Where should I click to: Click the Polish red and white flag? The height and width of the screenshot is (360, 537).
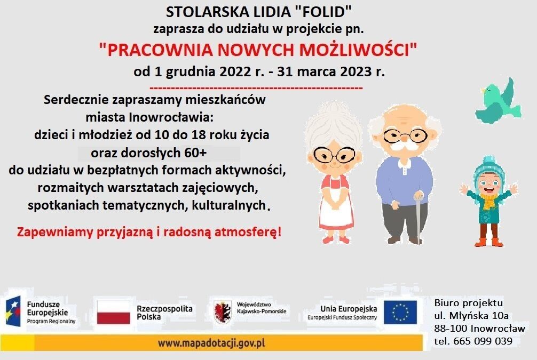[x=114, y=313]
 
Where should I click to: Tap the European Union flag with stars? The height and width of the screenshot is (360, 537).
[x=400, y=313]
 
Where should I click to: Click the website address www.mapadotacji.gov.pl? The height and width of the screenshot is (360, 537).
[x=211, y=342]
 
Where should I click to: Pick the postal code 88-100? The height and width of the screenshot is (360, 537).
[x=450, y=328]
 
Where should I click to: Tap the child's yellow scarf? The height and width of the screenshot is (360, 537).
[x=487, y=201]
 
